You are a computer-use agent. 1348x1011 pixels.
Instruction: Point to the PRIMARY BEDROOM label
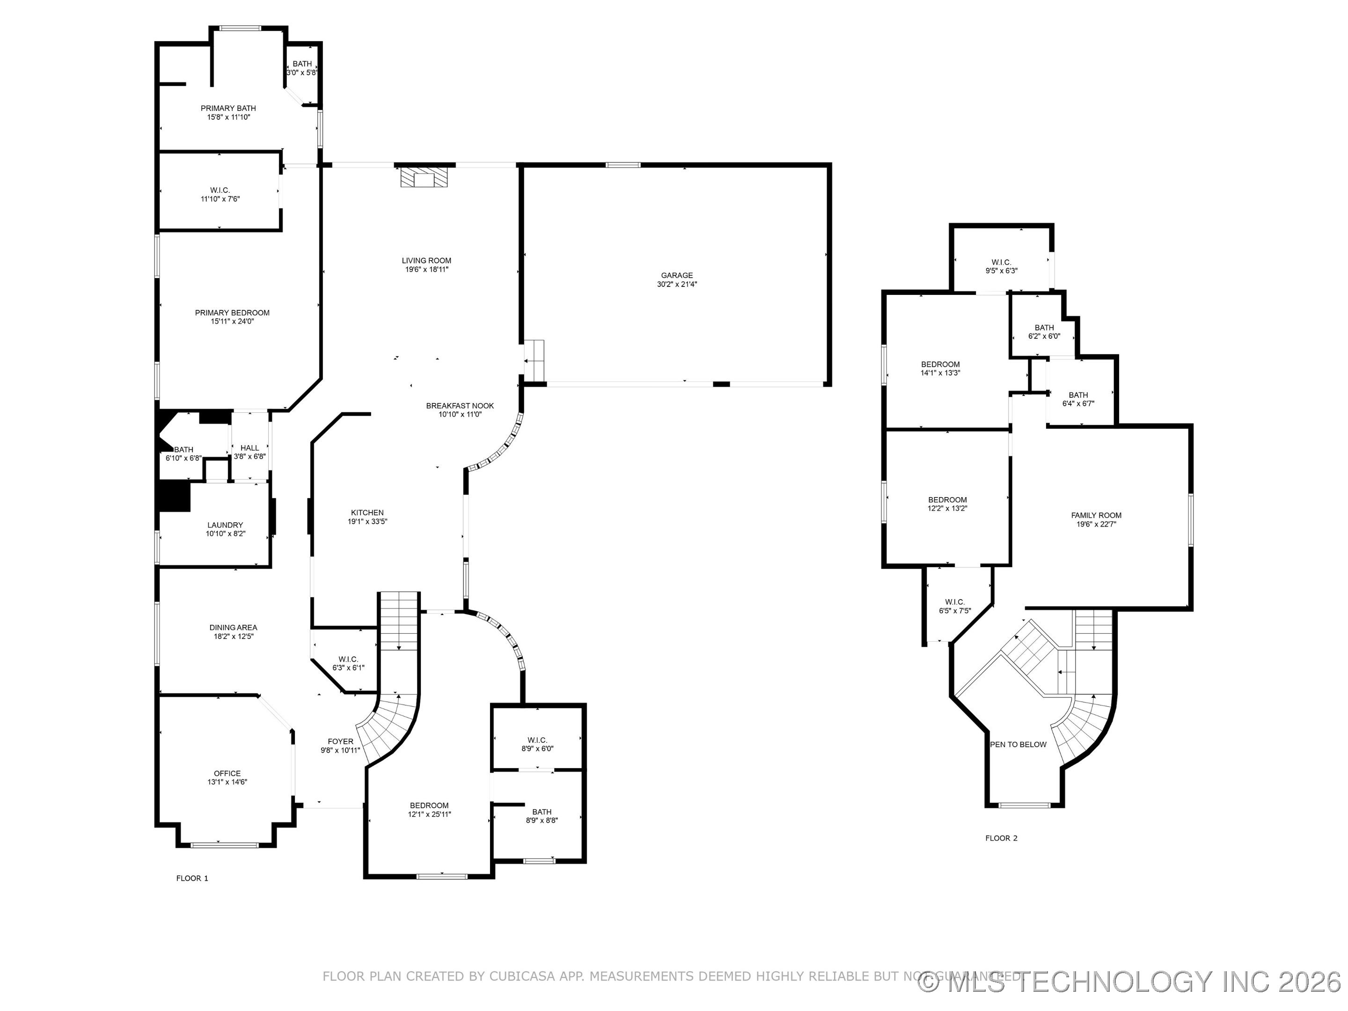(232, 313)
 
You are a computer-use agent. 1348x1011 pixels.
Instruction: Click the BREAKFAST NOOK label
(460, 406)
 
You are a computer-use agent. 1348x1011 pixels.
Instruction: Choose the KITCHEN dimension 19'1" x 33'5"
(367, 522)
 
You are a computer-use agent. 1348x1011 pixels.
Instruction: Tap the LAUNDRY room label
(225, 525)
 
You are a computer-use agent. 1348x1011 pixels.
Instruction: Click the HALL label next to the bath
(250, 448)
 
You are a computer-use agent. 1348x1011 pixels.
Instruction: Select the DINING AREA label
(234, 628)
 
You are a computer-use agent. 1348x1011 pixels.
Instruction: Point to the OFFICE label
(227, 773)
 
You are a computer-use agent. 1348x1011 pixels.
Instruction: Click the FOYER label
(340, 742)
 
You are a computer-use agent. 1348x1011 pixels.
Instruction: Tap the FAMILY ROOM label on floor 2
(1096, 515)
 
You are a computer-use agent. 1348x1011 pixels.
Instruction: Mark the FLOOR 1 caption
(192, 878)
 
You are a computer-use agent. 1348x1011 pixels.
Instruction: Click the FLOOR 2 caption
(1001, 838)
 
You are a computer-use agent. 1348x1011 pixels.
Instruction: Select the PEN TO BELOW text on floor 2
(1018, 745)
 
